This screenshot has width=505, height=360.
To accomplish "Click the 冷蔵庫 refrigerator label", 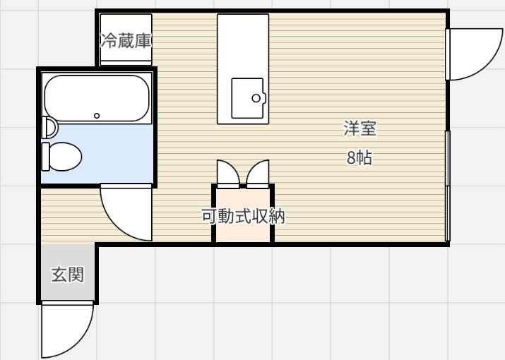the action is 126,40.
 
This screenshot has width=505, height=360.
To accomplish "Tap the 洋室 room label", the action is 360,128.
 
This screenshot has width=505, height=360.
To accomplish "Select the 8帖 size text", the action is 360,158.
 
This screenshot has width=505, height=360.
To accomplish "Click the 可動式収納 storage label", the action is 243,216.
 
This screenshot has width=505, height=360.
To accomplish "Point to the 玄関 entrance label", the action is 68,275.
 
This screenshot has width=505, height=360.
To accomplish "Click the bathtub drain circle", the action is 97,116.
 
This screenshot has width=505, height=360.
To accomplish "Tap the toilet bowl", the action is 66,157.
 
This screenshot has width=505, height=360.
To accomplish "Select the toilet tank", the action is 46,157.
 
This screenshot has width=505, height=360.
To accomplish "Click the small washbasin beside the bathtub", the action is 49,127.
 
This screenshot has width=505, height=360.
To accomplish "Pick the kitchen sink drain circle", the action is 256,98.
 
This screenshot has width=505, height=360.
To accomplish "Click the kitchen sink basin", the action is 248,98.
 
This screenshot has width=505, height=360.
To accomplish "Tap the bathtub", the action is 97,98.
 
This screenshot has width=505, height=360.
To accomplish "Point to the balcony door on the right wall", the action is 474,54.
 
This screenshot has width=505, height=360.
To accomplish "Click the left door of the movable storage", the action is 228,174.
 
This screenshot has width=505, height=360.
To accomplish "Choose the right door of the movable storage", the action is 258,174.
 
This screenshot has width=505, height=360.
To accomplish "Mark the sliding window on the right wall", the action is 448,186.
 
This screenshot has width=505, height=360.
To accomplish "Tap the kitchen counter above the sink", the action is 243,45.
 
